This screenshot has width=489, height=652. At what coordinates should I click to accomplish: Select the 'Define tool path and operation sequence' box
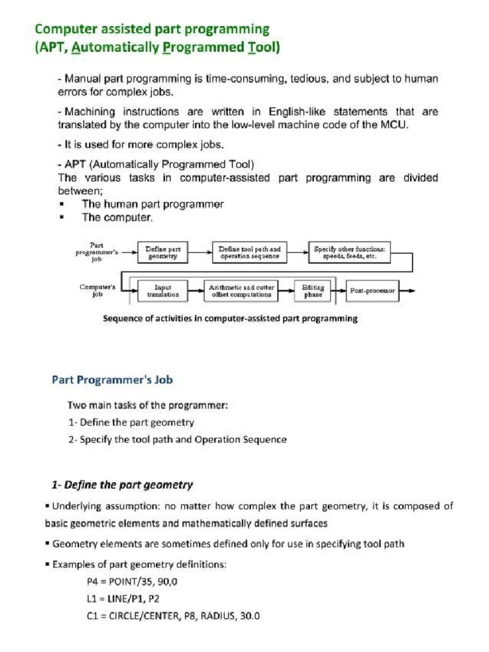click(249, 253)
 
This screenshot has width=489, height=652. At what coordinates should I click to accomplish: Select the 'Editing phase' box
click(313, 291)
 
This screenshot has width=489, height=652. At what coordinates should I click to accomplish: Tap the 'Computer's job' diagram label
click(97, 290)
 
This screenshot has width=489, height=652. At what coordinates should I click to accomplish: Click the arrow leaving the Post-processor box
click(408, 291)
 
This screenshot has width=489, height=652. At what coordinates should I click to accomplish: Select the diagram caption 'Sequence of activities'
click(230, 318)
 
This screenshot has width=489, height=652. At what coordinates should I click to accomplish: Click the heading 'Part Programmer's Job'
click(112, 380)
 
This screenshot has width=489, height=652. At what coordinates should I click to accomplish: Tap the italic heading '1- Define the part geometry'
click(122, 485)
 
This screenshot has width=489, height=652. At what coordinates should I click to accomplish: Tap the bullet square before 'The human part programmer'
click(61, 204)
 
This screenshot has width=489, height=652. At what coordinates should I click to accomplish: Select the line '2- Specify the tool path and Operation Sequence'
click(177, 439)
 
